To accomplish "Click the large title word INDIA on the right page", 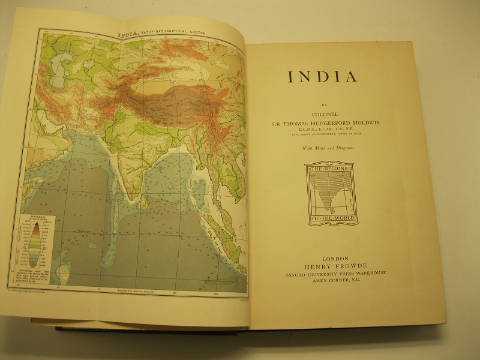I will click(323, 78).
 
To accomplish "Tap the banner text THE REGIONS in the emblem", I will click(332, 171).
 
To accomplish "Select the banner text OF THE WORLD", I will click(332, 219).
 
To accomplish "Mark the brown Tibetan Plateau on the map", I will click(174, 96).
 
